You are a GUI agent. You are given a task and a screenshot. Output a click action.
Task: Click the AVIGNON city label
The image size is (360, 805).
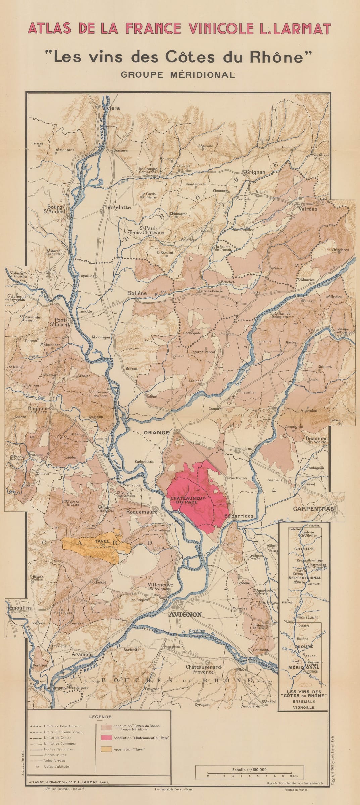(185, 614)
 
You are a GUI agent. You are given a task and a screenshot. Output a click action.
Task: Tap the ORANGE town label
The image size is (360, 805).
(156, 432)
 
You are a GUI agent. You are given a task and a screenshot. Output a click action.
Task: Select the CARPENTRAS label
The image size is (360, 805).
(313, 508)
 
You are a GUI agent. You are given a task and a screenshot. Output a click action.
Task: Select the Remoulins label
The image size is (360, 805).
(19, 607)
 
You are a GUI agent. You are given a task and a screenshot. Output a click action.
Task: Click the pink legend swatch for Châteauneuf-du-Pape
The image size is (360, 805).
(106, 738)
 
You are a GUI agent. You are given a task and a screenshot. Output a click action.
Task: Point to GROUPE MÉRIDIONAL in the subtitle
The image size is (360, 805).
(178, 75)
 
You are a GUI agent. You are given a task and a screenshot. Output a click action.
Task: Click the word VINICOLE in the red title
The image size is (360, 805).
(221, 29)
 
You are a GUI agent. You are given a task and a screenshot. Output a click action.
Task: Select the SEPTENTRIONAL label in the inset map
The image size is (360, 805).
(304, 578)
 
